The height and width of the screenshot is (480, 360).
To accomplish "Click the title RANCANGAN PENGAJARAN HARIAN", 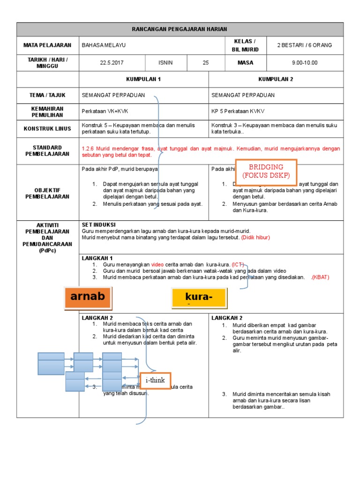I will [180, 29].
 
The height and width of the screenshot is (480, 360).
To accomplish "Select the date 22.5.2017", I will [112, 62].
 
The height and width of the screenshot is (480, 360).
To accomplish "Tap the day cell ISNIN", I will [166, 62].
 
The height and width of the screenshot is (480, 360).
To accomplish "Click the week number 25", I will [205, 62].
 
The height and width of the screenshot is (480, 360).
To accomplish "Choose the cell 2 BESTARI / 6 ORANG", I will [304, 45].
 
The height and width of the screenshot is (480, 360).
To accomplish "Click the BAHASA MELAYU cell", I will [104, 45].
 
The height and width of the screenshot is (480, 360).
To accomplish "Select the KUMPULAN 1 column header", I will [143, 79].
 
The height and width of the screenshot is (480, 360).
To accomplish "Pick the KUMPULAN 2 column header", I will [276, 79].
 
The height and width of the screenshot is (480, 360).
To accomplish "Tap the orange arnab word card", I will [88, 298].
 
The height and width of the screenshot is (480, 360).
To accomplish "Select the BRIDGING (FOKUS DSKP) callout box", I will [266, 171].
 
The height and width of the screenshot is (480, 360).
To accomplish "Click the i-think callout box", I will [155, 380].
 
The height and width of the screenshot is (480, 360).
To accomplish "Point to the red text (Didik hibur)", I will [255, 238].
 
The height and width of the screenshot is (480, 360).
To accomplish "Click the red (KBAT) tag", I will [320, 277].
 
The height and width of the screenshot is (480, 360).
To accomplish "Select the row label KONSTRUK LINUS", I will [48, 128].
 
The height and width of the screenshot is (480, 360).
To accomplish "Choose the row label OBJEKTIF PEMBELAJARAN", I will [48, 193].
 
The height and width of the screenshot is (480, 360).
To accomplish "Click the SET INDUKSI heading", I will [98, 225].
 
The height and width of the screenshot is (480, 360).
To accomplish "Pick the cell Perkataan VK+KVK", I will [105, 112].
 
